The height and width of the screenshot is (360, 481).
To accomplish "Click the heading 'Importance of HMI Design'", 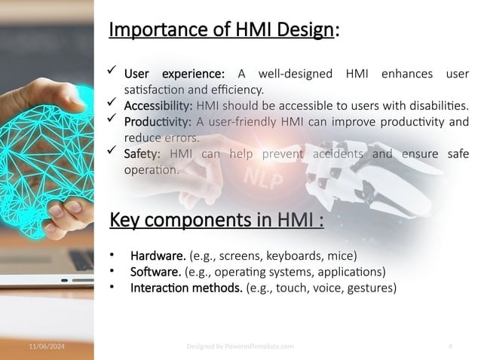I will tap(222, 29).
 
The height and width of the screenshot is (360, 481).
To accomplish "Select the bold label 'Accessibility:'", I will tap(158, 105).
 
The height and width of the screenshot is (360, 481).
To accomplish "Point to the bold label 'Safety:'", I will tap(144, 154).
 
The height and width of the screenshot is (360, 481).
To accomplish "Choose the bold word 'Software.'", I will tap(155, 271).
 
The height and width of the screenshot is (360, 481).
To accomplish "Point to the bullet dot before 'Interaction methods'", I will tap(112, 288).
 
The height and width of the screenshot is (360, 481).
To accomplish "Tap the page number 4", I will tap(450, 346).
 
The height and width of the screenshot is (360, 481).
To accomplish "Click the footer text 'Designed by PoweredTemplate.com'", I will tap(240, 346).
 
